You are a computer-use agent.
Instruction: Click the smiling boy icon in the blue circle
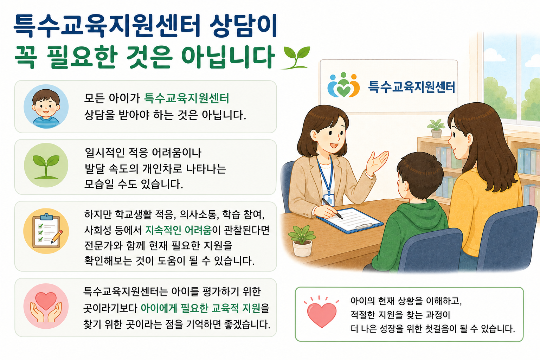[x=46, y=107]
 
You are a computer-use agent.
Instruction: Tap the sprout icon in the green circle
[x=46, y=166]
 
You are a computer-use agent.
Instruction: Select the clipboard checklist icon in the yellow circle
[x=46, y=231]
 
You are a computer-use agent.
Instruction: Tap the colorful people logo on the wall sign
[x=343, y=85]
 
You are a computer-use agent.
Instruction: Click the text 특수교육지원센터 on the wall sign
[x=412, y=87]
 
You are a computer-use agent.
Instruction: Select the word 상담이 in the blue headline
[x=243, y=26]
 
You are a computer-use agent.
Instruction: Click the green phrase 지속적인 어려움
[x=178, y=230]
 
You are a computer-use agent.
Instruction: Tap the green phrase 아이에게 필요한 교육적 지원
[x=201, y=308]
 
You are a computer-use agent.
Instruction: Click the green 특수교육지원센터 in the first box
[x=186, y=98]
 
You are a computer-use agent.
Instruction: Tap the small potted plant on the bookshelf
[x=436, y=129]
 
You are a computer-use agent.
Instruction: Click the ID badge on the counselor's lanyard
[x=329, y=200]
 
